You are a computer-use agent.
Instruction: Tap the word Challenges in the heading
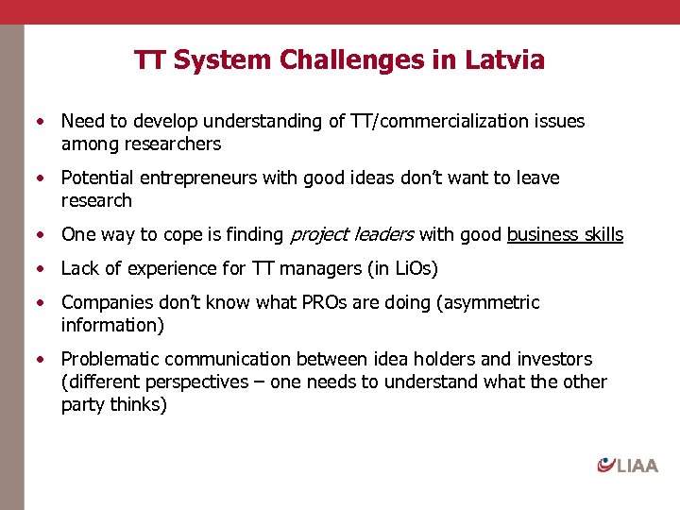349,60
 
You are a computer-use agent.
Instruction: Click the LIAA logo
627,465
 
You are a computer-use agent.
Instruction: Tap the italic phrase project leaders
351,235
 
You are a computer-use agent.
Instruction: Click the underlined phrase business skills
565,235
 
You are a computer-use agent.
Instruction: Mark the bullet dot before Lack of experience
41,269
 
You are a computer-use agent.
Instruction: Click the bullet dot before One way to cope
41,235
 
